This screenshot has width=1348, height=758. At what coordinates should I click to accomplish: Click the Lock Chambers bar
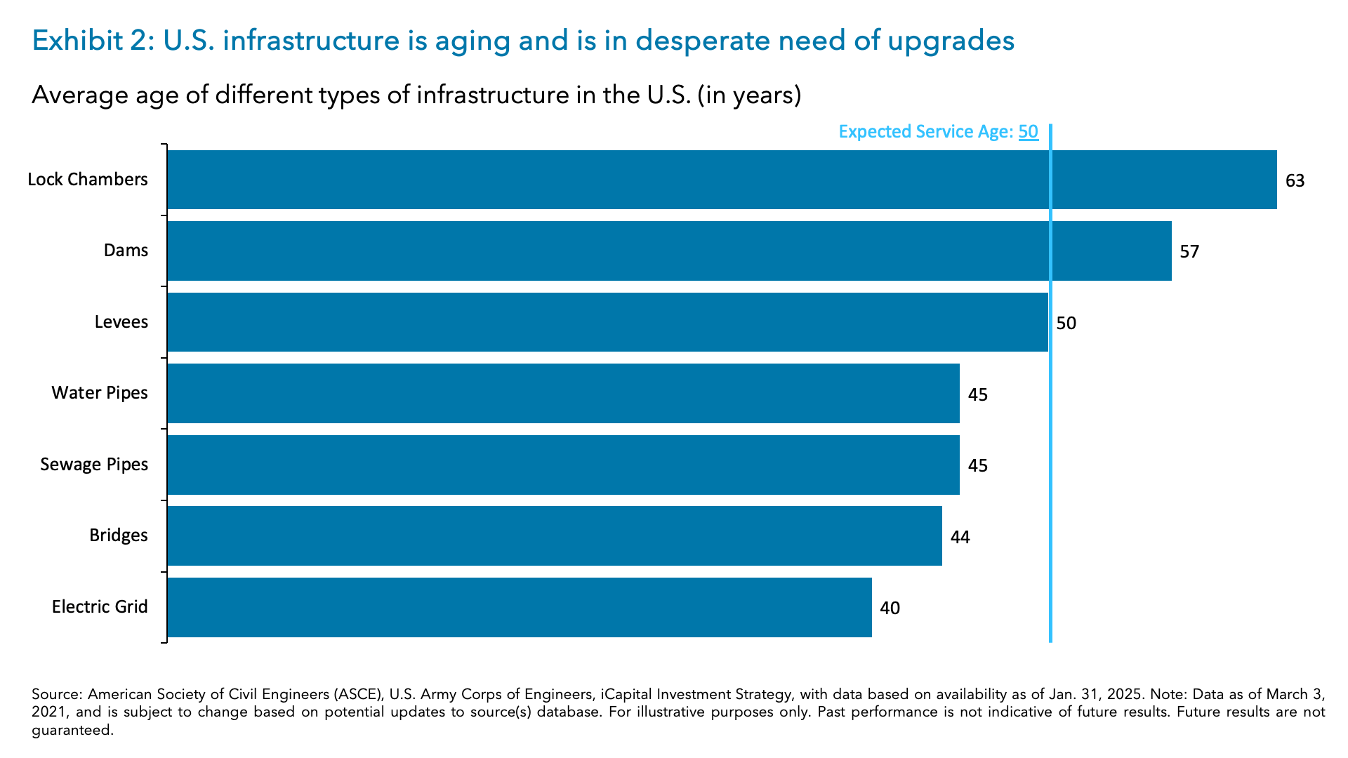tap(722, 180)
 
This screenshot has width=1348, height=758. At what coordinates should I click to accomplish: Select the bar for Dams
tap(669, 251)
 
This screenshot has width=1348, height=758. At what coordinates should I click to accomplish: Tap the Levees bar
tap(607, 322)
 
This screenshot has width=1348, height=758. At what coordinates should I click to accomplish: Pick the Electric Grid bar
tap(520, 607)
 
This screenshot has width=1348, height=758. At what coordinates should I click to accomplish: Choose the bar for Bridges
tap(555, 536)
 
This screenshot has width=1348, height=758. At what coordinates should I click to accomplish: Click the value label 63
tap(1295, 181)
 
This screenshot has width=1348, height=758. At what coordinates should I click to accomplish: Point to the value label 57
tap(1189, 252)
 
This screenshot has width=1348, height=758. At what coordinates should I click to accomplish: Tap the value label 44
tap(960, 538)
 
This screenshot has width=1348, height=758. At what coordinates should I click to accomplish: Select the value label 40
tap(890, 609)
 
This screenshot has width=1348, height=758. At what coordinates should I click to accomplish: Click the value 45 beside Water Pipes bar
tap(977, 395)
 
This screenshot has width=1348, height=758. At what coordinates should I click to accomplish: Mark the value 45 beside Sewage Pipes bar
tap(977, 466)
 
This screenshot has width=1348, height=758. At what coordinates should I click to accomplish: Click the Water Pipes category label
tap(100, 393)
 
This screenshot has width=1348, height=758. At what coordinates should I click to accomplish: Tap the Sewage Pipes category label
tap(94, 465)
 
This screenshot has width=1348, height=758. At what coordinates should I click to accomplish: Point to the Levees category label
tap(121, 322)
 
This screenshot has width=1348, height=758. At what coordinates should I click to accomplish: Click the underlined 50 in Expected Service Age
tap(1028, 132)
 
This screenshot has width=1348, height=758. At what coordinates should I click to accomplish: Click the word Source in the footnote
tap(56, 695)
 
